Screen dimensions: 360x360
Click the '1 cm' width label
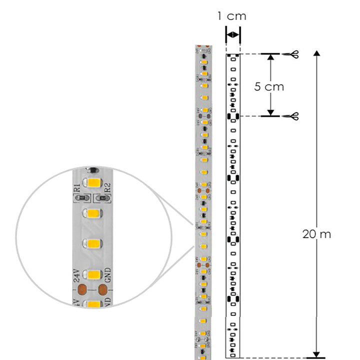[x=232, y=16]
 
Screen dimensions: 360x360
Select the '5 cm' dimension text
[x=268, y=86]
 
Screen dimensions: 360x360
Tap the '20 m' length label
[x=316, y=233]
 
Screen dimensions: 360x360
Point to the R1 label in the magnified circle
[x=76, y=188]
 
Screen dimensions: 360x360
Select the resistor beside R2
[x=104, y=198]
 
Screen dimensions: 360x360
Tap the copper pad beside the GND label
[x=103, y=289]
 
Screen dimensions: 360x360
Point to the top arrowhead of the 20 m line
[x=316, y=53]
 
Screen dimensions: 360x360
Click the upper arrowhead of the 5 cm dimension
[x=270, y=57]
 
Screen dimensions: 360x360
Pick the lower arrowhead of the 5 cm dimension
[x=270, y=112]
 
